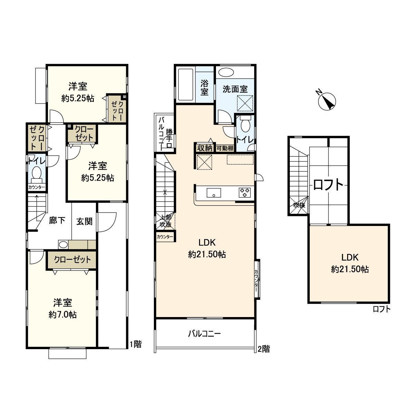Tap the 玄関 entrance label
[x=84, y=221]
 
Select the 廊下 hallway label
[x=57, y=220]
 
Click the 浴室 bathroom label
[x=204, y=87]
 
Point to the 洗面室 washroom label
[x=235, y=89]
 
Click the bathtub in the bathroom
[x=185, y=84]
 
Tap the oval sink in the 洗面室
[x=226, y=72]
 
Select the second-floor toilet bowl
[x=245, y=125]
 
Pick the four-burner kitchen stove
[x=245, y=192]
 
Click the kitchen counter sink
[x=214, y=193]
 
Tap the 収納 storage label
[x=204, y=148]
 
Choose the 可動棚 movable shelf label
[x=225, y=148]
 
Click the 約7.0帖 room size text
[x=62, y=315]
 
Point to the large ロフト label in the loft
[x=328, y=185]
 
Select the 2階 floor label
[x=264, y=349]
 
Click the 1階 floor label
[x=136, y=344]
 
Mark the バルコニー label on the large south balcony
[x=204, y=334]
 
